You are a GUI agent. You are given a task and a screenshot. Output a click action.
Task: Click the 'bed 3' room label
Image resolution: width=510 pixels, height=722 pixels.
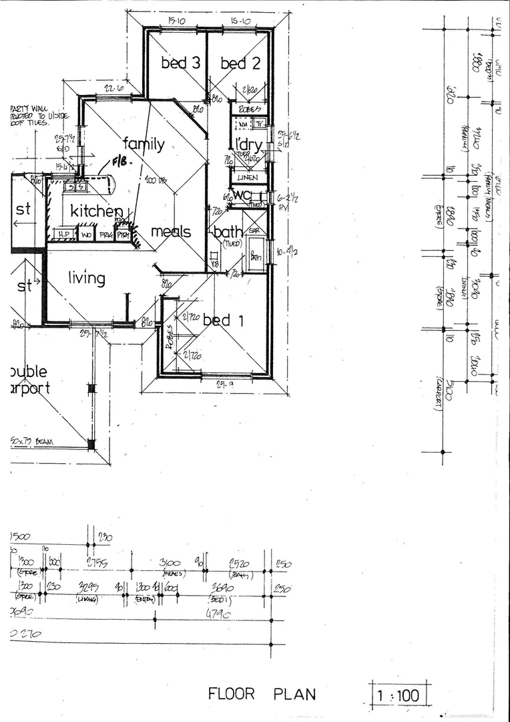[180, 64]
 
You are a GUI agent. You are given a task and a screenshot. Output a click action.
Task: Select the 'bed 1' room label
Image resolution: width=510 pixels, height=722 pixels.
[223, 321]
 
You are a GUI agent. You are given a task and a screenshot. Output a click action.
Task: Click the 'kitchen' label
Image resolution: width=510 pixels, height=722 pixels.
[97, 211]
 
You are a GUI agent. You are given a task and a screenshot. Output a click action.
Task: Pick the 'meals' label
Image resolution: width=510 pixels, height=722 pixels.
[170, 232]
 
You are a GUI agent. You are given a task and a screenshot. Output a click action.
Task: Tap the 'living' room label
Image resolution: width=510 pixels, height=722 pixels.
[86, 277]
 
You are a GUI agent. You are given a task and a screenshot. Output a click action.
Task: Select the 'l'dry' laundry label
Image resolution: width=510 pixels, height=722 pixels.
[247, 145]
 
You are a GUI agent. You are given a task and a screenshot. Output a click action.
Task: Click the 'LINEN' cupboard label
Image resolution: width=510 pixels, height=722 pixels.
[248, 178]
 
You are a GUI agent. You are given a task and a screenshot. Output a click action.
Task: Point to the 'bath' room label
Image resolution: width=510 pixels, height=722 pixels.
[228, 232]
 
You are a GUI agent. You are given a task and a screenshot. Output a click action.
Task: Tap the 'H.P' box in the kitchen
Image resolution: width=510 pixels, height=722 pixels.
[64, 235]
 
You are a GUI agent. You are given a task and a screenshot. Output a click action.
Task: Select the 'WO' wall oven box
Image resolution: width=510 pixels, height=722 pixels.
[86, 235]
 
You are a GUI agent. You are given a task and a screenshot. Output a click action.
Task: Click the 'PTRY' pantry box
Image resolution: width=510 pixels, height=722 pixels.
[123, 235]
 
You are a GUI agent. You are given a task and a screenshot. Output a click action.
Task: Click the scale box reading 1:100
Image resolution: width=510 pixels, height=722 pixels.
[399, 696]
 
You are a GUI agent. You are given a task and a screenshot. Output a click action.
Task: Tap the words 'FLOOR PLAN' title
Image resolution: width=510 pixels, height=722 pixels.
[262, 694]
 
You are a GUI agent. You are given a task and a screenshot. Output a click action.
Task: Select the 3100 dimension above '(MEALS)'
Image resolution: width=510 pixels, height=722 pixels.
[172, 564]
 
